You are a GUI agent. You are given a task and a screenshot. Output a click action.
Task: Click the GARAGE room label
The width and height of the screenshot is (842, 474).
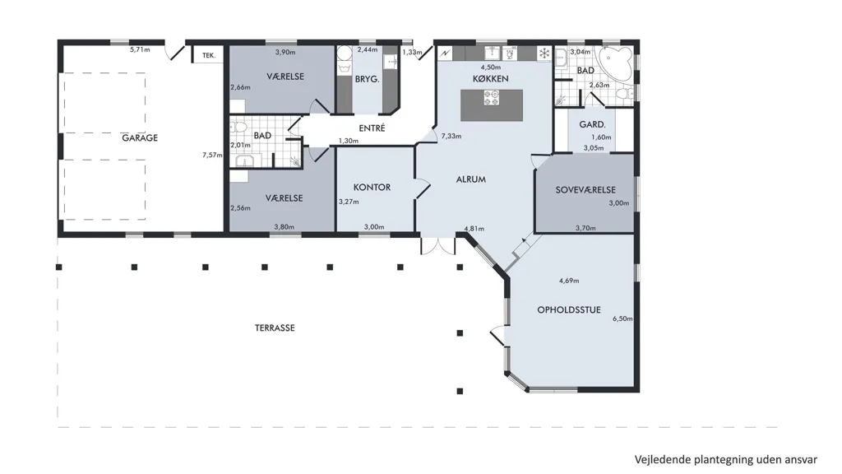tap(140, 137)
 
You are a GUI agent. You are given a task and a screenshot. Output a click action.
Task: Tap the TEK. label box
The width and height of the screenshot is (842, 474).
tap(208, 55)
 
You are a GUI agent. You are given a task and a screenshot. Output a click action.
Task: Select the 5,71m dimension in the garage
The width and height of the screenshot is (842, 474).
tap(140, 49)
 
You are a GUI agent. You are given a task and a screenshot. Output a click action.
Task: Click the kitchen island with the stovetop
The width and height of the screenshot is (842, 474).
tap(492, 105)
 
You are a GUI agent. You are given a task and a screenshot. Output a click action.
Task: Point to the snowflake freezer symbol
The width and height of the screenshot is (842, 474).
tap(544, 53)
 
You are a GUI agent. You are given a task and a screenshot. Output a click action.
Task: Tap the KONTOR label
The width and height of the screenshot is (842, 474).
tap(372, 187)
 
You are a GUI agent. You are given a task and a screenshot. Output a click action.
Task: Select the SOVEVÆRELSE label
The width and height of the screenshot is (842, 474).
tap(585, 190)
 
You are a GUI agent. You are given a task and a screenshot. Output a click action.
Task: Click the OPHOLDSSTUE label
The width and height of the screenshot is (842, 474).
tap(569, 309)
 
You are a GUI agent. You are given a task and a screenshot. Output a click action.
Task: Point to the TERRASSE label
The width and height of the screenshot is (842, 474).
tap(275, 328)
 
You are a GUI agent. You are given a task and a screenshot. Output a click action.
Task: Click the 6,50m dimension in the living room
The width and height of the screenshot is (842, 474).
tap(622, 318)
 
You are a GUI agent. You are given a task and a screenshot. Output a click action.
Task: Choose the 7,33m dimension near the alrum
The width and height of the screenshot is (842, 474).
tap(451, 136)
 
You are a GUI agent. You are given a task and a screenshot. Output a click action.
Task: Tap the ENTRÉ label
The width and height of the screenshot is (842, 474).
tap(372, 128)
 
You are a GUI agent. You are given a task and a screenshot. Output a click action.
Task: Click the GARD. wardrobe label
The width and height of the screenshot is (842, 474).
tap(592, 124)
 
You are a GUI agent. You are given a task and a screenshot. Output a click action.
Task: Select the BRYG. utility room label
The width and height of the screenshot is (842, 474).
tap(367, 79)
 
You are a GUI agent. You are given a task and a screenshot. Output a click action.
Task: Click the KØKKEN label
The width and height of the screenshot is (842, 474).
tap(490, 78)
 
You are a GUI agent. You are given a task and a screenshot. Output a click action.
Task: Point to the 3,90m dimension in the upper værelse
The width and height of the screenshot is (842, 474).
tap(285, 52)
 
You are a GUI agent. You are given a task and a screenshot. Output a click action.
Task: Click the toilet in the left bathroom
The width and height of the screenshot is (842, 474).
tap(238, 128)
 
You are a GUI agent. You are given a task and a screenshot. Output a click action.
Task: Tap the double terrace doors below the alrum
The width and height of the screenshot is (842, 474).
tap(437, 245)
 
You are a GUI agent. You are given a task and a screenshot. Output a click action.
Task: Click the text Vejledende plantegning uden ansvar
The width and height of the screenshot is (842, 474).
tap(725, 459)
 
